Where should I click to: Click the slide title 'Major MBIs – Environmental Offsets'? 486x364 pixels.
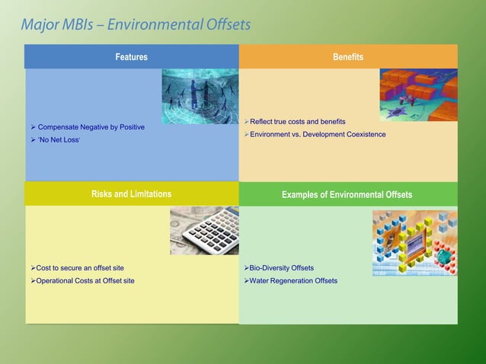coord(136,25)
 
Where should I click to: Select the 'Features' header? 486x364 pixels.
coord(131,57)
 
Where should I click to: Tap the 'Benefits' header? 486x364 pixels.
coord(348,57)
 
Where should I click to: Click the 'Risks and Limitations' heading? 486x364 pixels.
coord(131,194)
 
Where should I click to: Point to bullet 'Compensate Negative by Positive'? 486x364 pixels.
coord(96,126)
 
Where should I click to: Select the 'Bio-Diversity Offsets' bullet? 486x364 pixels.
coord(281,268)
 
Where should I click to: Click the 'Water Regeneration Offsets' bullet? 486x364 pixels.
coord(293,281)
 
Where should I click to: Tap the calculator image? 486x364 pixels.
coord(203,231)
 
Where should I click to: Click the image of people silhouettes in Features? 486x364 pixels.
coord(200,97)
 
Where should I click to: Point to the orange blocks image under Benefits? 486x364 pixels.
coord(418,95)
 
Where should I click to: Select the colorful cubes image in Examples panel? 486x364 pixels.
coord(414,242)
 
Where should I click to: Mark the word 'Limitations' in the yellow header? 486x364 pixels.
coord(149,194)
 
